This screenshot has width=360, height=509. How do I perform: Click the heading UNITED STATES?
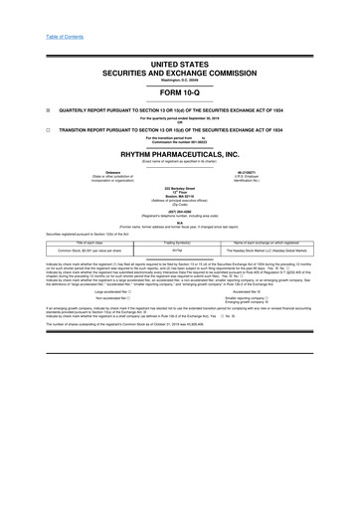(180, 62)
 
